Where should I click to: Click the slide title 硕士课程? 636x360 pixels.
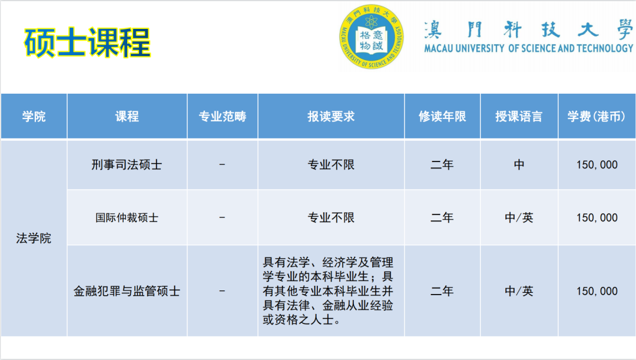pos(88,42)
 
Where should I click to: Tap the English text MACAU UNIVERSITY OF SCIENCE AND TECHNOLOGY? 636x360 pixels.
pos(528,48)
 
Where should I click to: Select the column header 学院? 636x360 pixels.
pos(34,116)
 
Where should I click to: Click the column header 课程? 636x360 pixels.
pos(127,116)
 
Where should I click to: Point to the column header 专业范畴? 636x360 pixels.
pos(222,116)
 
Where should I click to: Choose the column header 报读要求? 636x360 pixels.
pos(331,116)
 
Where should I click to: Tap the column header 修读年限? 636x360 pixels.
pos(442,116)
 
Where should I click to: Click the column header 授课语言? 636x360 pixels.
pos(519,116)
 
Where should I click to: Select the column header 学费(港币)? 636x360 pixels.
pos(597,116)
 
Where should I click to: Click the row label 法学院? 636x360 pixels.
pos(34,239)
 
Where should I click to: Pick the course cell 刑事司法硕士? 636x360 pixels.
pos(127,165)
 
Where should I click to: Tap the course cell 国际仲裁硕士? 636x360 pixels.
pos(127,217)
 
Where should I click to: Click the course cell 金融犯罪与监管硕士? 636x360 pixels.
pos(127,291)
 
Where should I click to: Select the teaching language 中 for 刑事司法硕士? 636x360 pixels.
pos(519,165)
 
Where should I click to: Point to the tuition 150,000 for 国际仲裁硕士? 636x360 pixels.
pos(597,217)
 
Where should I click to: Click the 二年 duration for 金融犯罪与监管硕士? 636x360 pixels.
pos(442,291)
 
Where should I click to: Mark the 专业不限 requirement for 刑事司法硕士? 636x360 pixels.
pos(331,165)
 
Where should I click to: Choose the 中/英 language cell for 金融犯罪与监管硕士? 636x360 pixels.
pos(519,291)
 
